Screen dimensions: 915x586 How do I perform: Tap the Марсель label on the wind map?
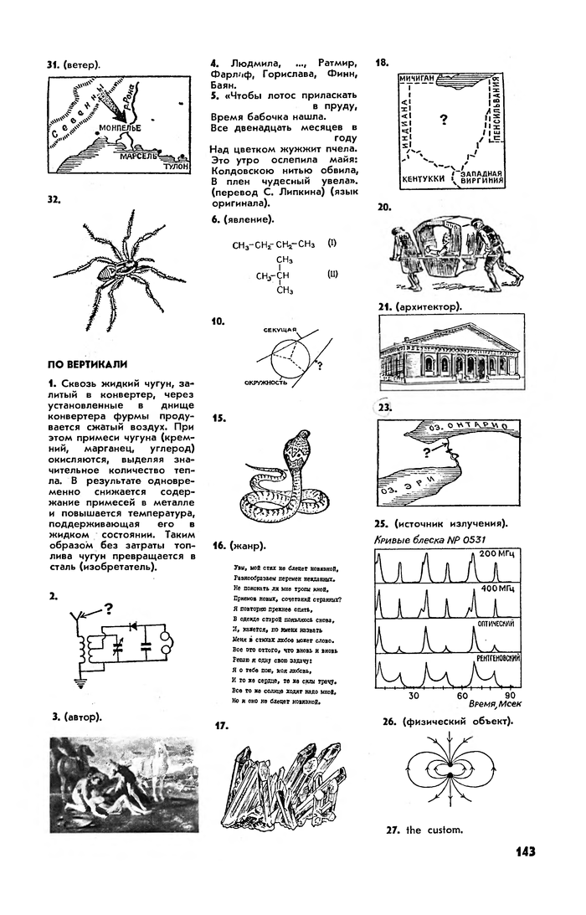(138, 156)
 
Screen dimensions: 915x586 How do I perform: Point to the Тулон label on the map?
(176, 167)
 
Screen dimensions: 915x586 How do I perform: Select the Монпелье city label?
(120, 128)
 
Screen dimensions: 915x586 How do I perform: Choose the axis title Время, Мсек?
(496, 706)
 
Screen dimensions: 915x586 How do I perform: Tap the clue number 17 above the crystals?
(223, 726)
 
